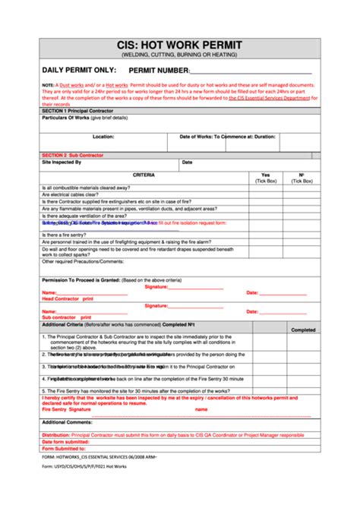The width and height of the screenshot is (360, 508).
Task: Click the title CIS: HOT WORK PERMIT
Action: click(179, 46)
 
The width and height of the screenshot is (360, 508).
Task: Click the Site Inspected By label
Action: click(66, 162)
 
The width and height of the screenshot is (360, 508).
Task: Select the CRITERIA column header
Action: click(144, 175)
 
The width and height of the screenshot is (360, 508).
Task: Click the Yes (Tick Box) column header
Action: click(265, 178)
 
